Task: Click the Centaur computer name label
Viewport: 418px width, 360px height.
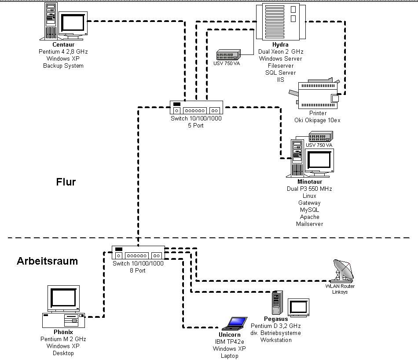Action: pos(63,44)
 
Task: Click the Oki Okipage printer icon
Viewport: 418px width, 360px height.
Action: pos(316,95)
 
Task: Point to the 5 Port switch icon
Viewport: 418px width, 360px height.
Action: pos(196,108)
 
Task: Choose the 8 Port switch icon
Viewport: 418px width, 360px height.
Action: pos(138,253)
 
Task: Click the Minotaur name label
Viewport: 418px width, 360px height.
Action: pos(309,182)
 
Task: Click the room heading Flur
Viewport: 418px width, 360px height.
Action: pos(66,182)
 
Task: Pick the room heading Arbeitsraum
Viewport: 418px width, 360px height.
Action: pos(47,261)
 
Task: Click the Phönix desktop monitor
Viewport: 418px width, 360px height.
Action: pos(64,298)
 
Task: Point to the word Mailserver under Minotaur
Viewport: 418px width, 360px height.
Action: pos(309,224)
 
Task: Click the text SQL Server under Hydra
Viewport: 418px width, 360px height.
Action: pos(280,73)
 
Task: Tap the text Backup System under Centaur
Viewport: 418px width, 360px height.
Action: pos(63,65)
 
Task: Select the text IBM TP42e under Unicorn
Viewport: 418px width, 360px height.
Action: pos(229,342)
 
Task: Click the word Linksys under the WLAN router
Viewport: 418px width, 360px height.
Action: pos(340,292)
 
